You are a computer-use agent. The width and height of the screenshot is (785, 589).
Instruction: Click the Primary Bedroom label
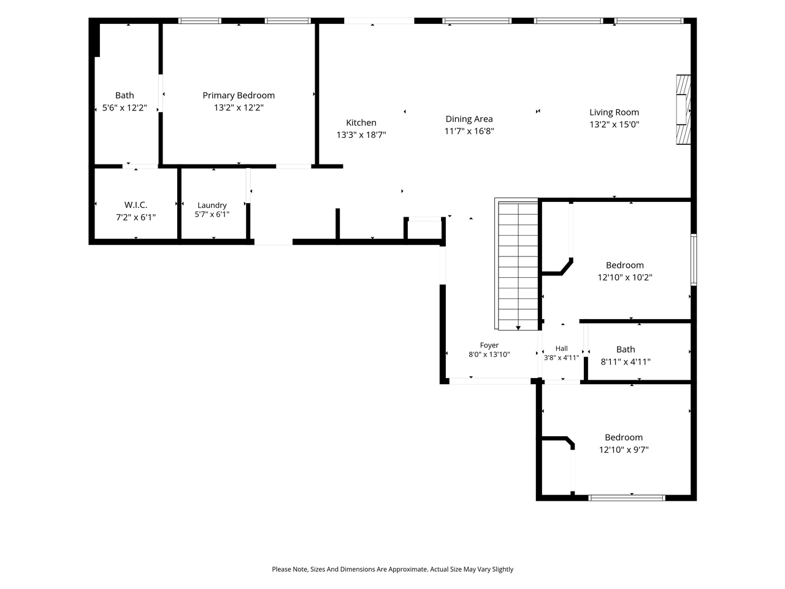(239, 96)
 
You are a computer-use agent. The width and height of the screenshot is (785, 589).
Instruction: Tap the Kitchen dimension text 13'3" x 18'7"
(361, 135)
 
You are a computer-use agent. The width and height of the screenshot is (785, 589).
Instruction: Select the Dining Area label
(469, 119)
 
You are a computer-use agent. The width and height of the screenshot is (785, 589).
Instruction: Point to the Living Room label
(614, 112)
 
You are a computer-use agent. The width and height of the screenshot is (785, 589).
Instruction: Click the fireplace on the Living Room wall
(683, 109)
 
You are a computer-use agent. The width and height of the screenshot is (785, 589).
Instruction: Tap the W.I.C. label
(136, 205)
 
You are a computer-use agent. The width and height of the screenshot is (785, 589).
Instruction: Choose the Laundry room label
(212, 206)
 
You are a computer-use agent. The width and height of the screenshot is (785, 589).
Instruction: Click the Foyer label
(489, 345)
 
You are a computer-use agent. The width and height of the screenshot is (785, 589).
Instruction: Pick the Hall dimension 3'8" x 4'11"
(561, 358)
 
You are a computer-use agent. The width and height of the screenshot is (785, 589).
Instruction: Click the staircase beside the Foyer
(517, 264)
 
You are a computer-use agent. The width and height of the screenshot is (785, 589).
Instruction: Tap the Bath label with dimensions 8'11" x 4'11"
(626, 349)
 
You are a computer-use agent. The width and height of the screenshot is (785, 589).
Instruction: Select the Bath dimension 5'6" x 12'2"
(124, 107)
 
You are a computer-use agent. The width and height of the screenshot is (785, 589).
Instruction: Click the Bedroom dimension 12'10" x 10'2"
(625, 277)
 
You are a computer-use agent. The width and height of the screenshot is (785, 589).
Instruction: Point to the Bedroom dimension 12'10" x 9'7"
(624, 450)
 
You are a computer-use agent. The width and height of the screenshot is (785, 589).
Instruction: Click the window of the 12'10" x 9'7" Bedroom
(627, 498)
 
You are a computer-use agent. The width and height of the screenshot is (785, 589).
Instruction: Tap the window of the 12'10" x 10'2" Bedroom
(694, 260)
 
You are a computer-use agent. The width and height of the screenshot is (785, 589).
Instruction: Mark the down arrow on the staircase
(518, 328)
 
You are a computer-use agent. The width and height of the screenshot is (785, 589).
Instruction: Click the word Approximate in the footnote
(407, 569)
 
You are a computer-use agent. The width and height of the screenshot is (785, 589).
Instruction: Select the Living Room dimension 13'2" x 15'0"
(614, 125)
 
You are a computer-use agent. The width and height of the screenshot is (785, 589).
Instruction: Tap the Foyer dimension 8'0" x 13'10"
(489, 355)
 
